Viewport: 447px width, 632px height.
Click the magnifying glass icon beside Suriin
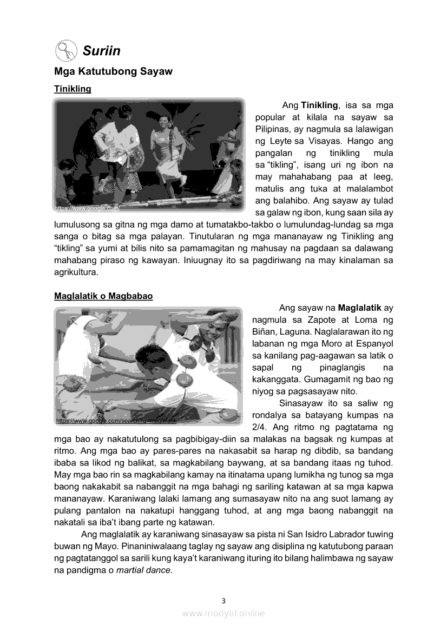point(65,51)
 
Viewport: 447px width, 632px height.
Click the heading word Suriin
point(102,51)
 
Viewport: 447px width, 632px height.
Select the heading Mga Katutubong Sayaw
point(113,71)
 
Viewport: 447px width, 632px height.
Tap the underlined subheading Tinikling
point(73,89)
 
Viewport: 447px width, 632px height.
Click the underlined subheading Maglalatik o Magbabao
point(103,296)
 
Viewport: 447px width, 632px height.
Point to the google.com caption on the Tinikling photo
point(87,208)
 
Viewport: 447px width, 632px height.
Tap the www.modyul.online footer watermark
point(223,613)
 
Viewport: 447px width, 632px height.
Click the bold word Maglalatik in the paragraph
point(359,308)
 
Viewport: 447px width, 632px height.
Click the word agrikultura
point(76,272)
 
